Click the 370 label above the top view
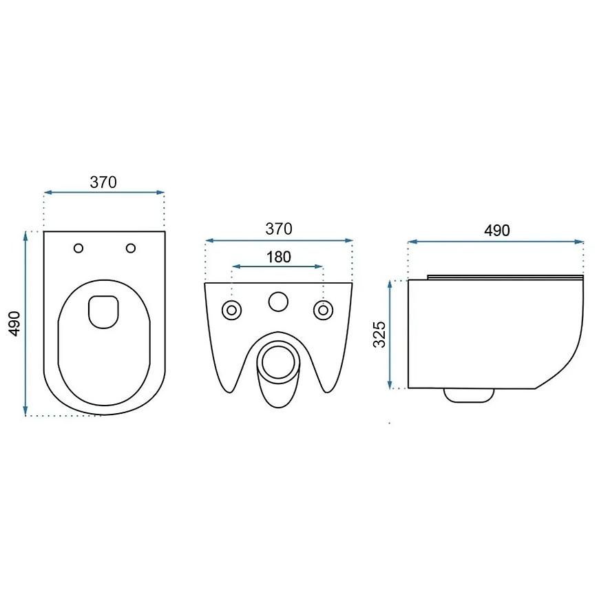pyautogui.click(x=103, y=182)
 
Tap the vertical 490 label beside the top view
pyautogui.click(x=15, y=324)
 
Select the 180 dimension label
pyautogui.click(x=278, y=257)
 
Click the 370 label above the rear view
pyautogui.click(x=279, y=229)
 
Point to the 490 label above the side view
pyautogui.click(x=496, y=231)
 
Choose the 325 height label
pyautogui.click(x=379, y=334)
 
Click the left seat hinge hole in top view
pyautogui.click(x=78, y=249)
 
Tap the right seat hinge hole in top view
pyautogui.click(x=131, y=249)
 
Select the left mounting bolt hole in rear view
pyautogui.click(x=231, y=311)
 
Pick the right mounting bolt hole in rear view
pyautogui.click(x=323, y=311)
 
